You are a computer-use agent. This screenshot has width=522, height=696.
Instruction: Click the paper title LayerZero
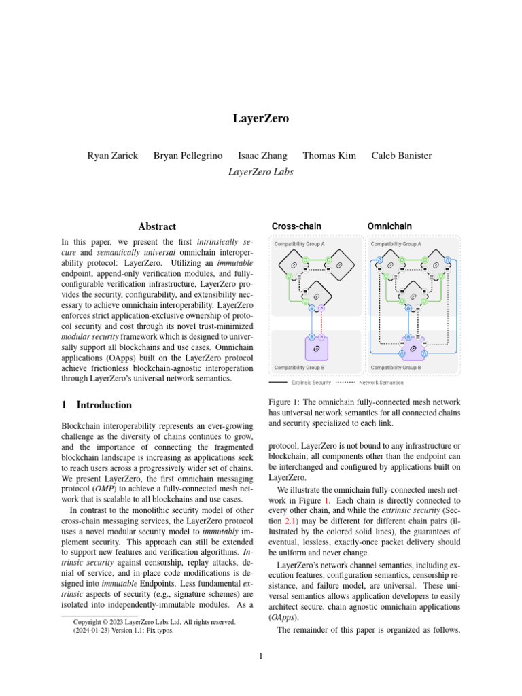coord(261,119)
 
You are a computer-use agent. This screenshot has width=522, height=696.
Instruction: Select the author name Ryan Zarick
coord(112,156)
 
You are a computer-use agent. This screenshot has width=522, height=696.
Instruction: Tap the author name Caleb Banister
coord(401,156)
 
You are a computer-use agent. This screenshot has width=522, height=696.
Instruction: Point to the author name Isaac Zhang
coord(262,156)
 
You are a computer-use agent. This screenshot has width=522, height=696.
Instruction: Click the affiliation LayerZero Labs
coord(261,172)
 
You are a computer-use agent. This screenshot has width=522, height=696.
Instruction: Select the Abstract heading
coord(157,226)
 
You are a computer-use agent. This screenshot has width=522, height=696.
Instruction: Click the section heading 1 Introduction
coord(97,405)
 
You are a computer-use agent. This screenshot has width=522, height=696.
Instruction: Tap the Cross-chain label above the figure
coord(296,226)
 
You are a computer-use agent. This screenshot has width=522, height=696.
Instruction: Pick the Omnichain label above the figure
coord(389,226)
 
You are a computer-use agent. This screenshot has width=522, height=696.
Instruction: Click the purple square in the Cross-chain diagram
coord(316,347)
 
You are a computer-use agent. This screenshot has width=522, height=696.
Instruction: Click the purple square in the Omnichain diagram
coord(413,346)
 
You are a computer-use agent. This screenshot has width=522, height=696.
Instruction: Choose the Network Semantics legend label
coord(381,383)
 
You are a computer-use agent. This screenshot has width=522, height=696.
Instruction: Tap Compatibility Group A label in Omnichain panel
coord(395,243)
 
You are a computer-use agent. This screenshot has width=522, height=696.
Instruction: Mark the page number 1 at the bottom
coord(261,657)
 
